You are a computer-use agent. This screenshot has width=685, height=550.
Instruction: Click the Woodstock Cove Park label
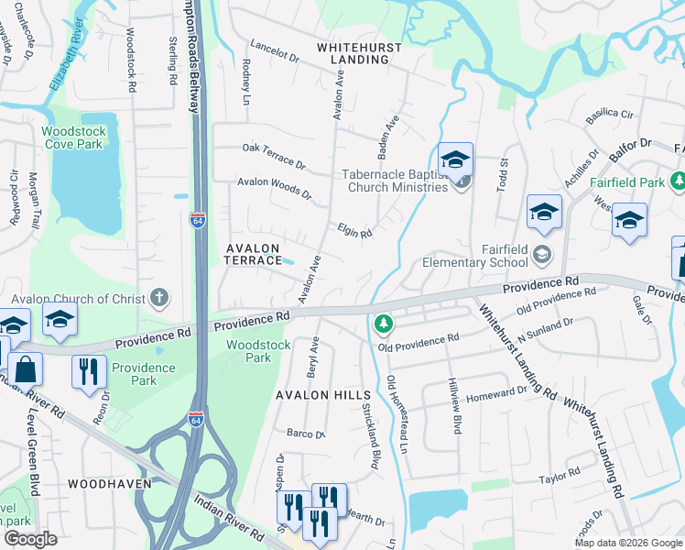tap(74, 137)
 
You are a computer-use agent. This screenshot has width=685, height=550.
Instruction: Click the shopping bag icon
tap(27, 370)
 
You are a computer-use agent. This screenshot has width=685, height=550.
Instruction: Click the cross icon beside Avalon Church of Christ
tap(159, 297)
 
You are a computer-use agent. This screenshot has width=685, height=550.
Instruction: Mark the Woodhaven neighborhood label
tap(103, 482)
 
